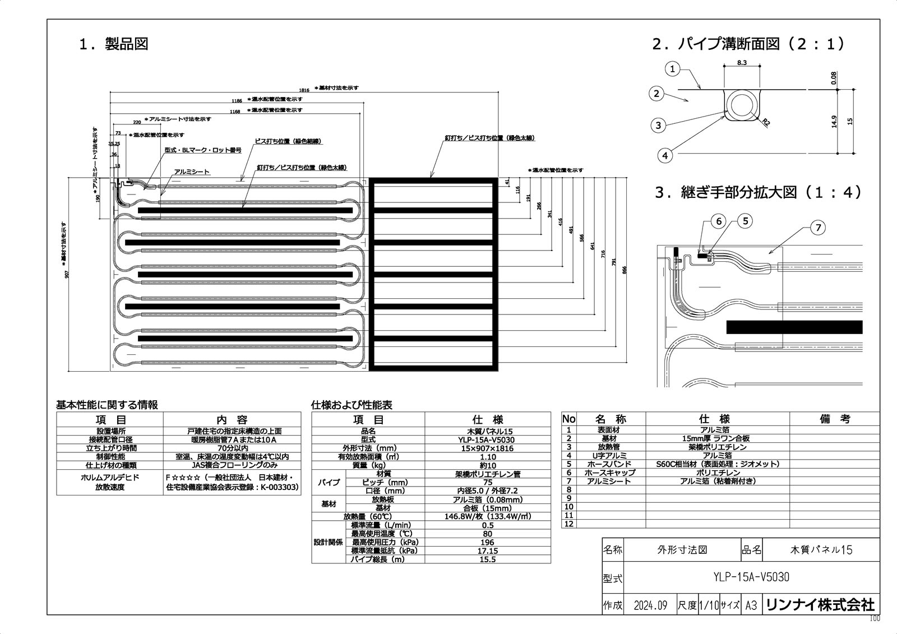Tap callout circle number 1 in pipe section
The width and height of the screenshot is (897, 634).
click(673, 70)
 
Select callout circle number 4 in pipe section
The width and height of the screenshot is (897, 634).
click(665, 155)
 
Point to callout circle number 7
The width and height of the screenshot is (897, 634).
click(818, 227)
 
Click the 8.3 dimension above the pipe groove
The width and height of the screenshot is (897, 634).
click(741, 63)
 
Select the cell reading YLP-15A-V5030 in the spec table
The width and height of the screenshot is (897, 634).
click(487, 440)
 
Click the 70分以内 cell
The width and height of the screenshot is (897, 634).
click(232, 448)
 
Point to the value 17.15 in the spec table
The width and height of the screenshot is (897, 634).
click(487, 551)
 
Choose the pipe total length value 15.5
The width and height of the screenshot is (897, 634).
click(487, 559)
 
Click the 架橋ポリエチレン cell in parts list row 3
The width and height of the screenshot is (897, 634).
click(717, 447)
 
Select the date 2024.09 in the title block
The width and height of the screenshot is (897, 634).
click(650, 605)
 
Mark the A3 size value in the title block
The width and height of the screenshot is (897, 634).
click(751, 605)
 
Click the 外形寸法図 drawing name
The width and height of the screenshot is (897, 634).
click(681, 550)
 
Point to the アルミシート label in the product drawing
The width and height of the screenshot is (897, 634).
click(192, 172)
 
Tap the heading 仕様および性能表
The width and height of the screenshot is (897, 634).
click(352, 405)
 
